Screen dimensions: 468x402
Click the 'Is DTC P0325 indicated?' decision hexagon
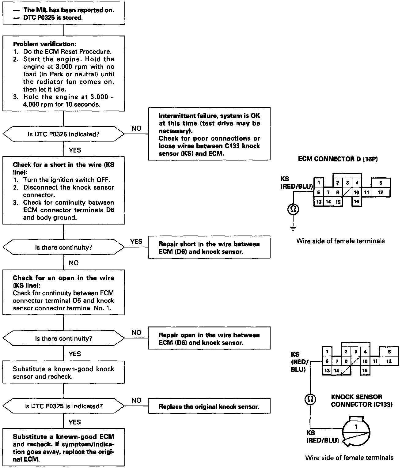coord(63,134)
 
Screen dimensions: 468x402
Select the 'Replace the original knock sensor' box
coord(209,407)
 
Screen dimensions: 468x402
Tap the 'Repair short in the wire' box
coord(209,248)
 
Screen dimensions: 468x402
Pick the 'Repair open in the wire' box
coord(209,339)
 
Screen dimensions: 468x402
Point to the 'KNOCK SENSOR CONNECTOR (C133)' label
coord(362,401)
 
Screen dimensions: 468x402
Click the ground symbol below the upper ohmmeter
coord(293,228)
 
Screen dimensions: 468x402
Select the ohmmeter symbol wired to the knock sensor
coord(310,399)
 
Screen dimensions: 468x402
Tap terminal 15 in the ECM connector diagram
coord(338,202)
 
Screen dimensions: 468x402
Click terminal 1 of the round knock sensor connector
coord(356,427)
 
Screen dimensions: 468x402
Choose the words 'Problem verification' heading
coord(44,44)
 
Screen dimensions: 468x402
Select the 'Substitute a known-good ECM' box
coord(63,448)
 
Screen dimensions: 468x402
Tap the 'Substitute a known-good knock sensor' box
coord(63,372)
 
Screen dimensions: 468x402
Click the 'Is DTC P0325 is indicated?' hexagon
coord(63,406)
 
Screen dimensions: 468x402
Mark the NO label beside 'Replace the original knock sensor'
coord(136,400)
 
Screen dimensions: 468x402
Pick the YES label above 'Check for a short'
coord(75,150)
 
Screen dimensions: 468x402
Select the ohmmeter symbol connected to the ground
coord(293,209)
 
